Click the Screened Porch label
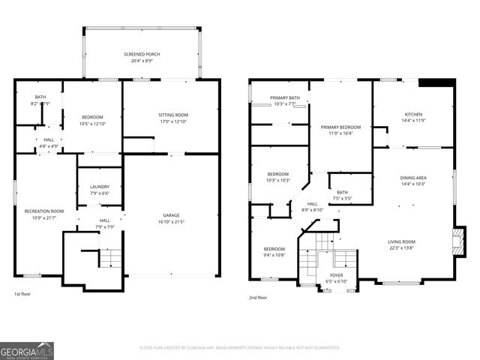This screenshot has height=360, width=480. point(142,55)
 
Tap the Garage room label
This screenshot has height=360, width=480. point(172,214)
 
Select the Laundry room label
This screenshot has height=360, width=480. point(100,187)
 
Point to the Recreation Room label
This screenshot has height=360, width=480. point(44,211)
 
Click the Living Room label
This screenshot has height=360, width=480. point(401,241)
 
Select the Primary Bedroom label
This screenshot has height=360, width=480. point(340,127)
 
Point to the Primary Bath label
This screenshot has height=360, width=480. point(285,97)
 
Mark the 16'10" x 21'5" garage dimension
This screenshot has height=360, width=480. point(172,222)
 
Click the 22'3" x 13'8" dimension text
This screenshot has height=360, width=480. point(401,248)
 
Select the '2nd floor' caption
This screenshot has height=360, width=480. point(258,298)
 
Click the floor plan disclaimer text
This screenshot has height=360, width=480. point(239,347)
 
